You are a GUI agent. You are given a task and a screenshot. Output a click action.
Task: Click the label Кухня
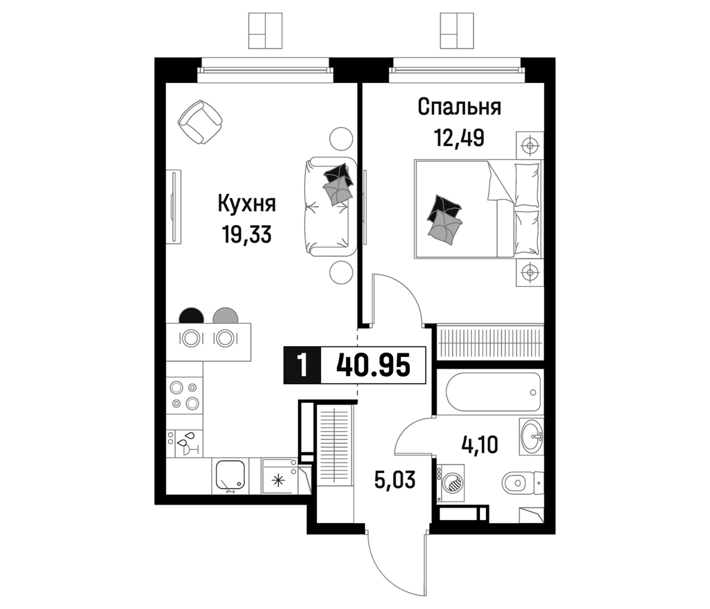point(247,204)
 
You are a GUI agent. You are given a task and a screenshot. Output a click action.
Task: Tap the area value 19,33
point(247,234)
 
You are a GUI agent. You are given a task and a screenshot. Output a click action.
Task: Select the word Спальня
point(459,107)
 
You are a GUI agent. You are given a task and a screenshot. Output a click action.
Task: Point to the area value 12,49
point(459,138)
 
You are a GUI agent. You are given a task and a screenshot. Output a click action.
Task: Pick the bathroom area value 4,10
point(480,445)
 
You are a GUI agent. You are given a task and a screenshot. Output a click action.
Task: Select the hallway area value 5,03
point(395,479)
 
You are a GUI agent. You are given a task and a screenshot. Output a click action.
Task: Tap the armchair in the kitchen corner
point(200,122)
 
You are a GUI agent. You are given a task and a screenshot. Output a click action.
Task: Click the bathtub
point(493,392)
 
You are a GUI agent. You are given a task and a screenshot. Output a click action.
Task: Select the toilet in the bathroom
point(521,483)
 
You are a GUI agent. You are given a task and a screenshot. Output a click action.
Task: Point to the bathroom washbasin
point(531,436)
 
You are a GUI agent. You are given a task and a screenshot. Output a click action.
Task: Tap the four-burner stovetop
point(185,396)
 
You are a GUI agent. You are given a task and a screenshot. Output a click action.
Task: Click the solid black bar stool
point(192,316)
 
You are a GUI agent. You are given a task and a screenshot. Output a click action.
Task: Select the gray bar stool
point(225,316)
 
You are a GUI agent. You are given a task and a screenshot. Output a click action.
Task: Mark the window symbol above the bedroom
point(457,30)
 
